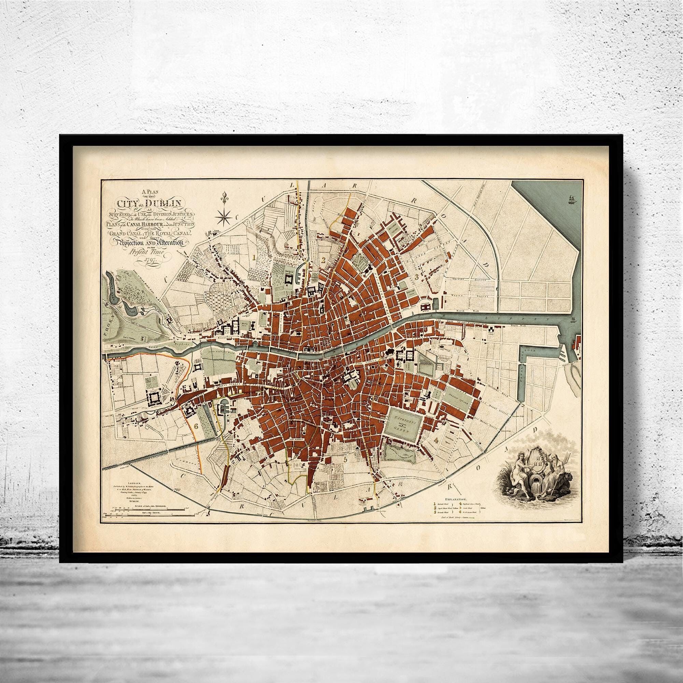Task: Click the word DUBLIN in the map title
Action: point(163,204)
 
